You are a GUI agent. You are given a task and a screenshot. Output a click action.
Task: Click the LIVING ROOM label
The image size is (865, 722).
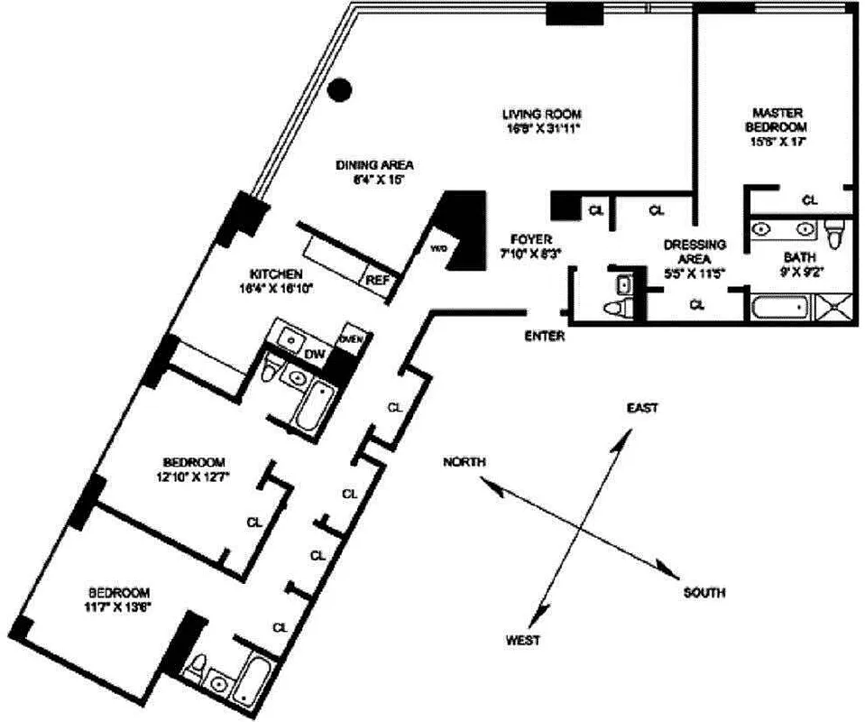click(x=541, y=115)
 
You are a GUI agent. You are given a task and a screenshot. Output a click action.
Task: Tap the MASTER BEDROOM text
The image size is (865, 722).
click(x=778, y=119)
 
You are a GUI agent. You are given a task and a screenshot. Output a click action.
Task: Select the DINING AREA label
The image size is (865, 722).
click(x=374, y=165)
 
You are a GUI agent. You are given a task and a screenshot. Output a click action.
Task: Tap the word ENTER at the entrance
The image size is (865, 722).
click(x=544, y=336)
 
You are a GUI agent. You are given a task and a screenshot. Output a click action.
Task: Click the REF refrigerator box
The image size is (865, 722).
click(x=377, y=280)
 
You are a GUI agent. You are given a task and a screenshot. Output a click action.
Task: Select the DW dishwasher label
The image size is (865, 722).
click(x=314, y=355)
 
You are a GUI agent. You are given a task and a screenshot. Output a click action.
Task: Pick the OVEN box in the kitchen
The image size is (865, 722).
click(x=350, y=338)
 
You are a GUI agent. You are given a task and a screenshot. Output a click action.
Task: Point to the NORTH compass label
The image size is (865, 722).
click(x=465, y=462)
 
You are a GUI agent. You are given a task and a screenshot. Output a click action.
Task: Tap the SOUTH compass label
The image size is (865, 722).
click(x=704, y=593)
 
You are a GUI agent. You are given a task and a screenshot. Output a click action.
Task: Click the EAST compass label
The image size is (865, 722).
click(x=642, y=409)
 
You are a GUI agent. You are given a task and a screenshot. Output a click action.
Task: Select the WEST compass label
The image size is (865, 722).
click(x=523, y=640)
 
